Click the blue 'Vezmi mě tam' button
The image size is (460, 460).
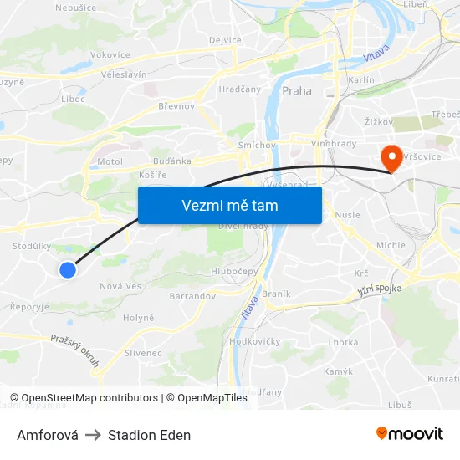point(229,205)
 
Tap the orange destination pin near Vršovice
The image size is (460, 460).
point(391,156)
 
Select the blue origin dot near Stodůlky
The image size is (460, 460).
point(68,269)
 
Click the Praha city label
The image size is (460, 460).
point(297,91)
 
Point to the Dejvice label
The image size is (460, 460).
point(225,40)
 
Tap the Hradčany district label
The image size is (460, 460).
point(239,89)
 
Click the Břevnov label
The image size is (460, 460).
point(176,106)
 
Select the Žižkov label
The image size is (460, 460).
point(379,122)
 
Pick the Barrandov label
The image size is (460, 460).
point(192,296)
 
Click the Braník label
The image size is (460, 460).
point(276,294)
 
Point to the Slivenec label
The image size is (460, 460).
point(142,354)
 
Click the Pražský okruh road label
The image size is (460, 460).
point(75,350)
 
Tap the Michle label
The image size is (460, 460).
point(390,245)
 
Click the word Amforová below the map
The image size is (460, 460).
point(48,435)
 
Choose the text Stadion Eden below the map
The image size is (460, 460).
point(149,435)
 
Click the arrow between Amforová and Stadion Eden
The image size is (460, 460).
point(93,435)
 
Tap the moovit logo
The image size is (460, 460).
point(409,433)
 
